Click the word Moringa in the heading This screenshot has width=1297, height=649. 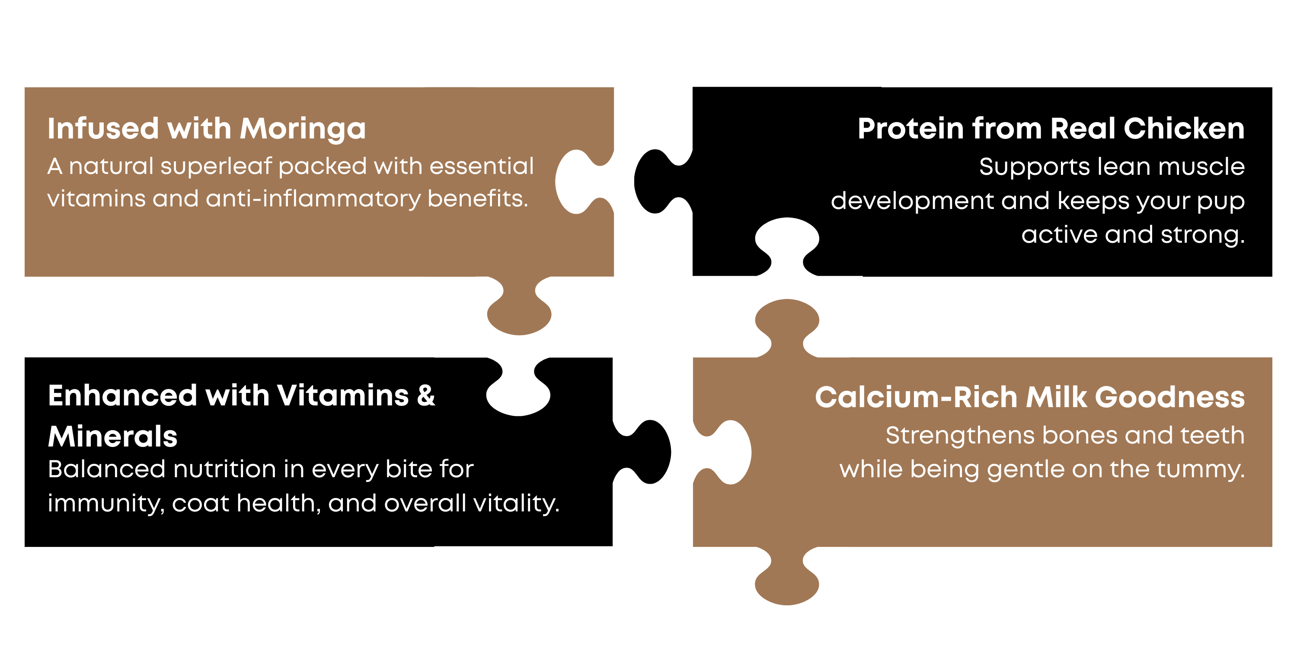(303, 129)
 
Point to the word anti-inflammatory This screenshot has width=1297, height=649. (313, 199)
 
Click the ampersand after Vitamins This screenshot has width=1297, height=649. (426, 395)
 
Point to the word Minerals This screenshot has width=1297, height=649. (113, 437)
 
